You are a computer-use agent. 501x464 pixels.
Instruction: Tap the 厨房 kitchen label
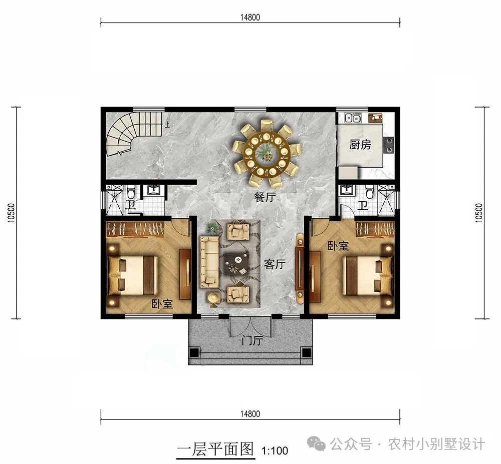tap(360, 145)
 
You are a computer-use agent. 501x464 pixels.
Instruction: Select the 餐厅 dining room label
tap(265, 197)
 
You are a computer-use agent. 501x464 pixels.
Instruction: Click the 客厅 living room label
tap(275, 264)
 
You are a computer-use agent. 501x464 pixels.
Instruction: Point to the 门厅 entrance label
tap(252, 341)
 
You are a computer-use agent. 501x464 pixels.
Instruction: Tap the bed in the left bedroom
tap(133, 275)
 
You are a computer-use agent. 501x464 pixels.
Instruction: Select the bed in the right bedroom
tap(367, 275)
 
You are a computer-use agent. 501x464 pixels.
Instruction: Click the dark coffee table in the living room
tap(236, 264)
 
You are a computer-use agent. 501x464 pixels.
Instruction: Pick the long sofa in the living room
tap(209, 261)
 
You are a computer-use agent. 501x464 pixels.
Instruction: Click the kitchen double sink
tap(353, 119)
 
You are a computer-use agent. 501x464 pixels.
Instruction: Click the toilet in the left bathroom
tap(130, 192)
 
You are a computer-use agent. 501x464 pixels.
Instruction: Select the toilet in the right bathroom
tap(369, 192)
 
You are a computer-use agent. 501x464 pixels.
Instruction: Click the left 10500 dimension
tap(12, 213)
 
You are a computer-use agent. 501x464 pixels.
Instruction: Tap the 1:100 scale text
tap(275, 450)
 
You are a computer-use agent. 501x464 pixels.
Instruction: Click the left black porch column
tap(194, 352)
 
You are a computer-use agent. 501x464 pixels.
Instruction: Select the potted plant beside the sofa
tap(211, 228)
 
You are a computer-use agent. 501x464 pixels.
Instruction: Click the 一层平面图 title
tap(215, 449)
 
